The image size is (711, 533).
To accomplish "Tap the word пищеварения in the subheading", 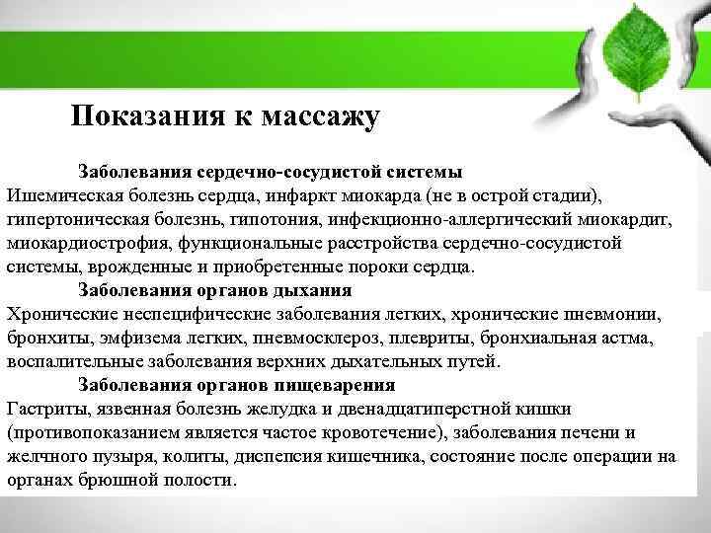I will pyautogui.click(x=336, y=385).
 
